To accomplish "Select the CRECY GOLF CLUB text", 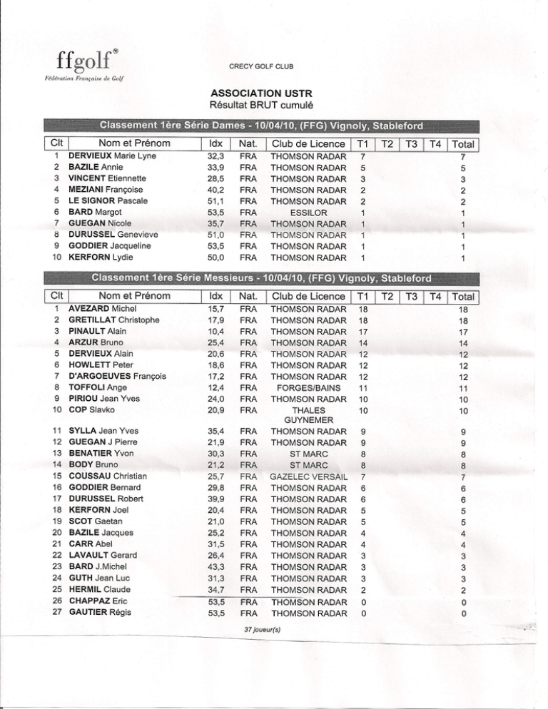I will point(261,67).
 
